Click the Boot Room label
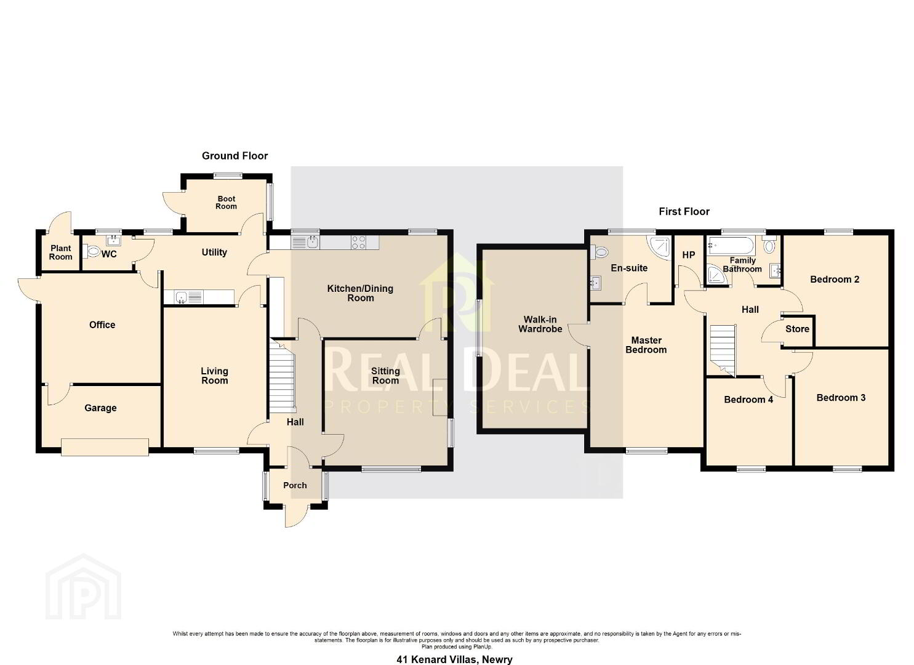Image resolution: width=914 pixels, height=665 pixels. click(x=226, y=203)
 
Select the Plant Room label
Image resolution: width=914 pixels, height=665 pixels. click(x=60, y=252)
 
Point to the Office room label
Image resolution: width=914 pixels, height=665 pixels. click(x=102, y=324)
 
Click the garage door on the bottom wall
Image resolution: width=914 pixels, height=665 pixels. click(x=105, y=447)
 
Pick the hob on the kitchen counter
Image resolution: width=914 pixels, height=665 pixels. click(x=358, y=242)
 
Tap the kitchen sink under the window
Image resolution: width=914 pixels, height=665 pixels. click(x=306, y=243)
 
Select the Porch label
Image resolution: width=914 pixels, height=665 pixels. click(x=295, y=485)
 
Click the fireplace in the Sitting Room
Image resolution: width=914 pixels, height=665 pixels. click(x=440, y=397)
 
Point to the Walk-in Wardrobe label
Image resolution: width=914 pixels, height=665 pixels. click(x=540, y=324)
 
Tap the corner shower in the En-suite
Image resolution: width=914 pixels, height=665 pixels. click(x=659, y=248)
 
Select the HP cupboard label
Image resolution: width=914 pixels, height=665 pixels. click(x=689, y=255)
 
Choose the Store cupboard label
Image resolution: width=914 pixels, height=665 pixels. click(x=797, y=329)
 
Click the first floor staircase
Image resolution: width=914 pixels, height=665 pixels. click(x=723, y=350)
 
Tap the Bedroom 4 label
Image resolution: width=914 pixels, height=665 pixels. click(x=748, y=400)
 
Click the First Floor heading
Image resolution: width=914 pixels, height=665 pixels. click(x=684, y=211)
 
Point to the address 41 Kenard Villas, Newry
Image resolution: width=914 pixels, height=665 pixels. click(x=454, y=659)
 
